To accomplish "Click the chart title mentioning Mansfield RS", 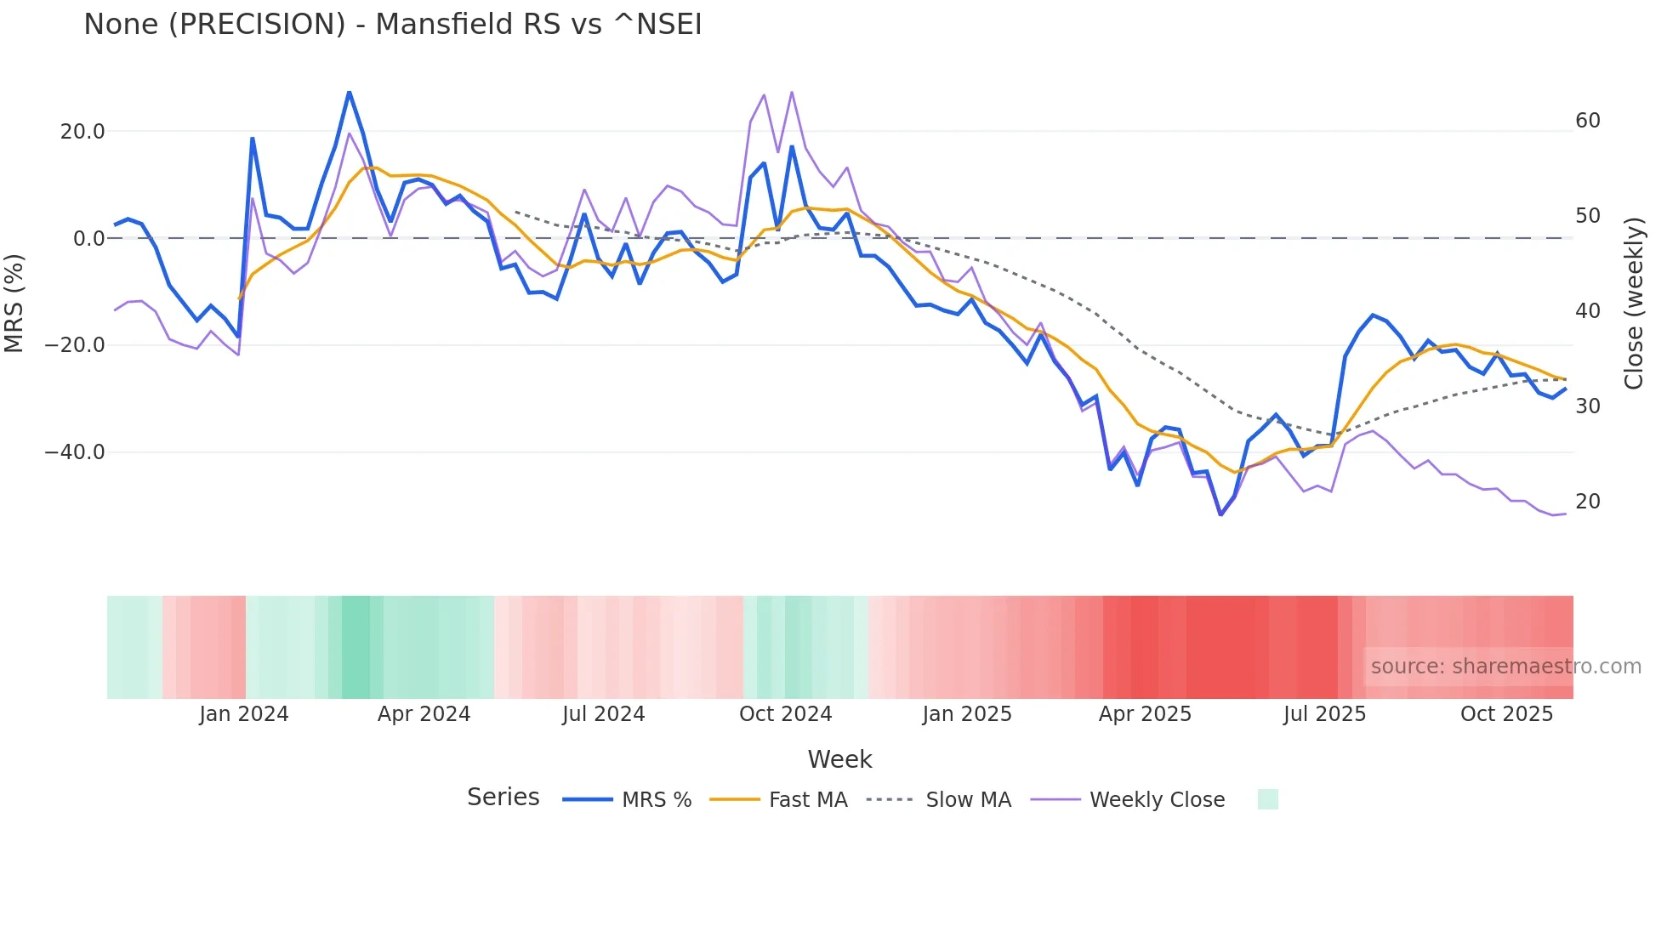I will click(x=392, y=25).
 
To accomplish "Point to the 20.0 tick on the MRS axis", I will click(x=82, y=132).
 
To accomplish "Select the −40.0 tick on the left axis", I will click(x=75, y=452).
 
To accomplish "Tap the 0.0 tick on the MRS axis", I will click(x=88, y=239).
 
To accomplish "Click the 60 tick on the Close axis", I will click(x=1587, y=121).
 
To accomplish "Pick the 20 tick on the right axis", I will click(x=1587, y=502).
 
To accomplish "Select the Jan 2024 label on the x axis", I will click(x=244, y=714).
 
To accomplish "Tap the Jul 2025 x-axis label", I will click(x=1324, y=714).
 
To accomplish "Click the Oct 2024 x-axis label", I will click(x=785, y=714).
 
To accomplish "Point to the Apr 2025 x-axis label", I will click(x=1145, y=714).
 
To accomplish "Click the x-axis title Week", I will click(x=839, y=759).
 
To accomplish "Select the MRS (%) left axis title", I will click(x=14, y=303).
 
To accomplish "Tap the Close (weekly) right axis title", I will click(x=1633, y=304).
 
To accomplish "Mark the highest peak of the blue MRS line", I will click(x=349, y=92).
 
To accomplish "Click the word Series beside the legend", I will click(x=503, y=798).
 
